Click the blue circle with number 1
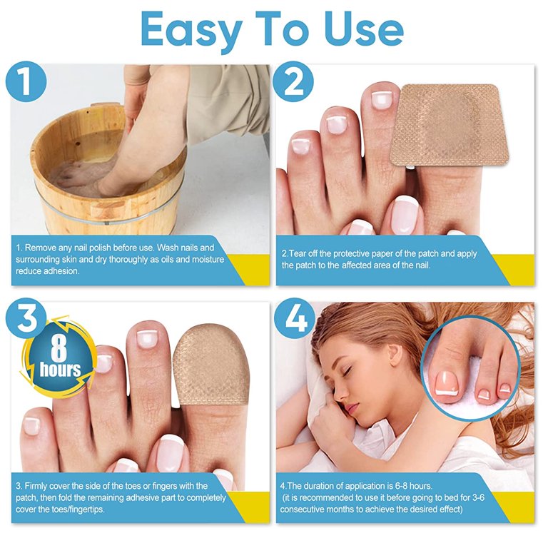[x=26, y=82]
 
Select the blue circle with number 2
[x=293, y=82]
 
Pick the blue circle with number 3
[x=26, y=318]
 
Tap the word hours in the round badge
[x=60, y=370]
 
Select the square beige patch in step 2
[x=450, y=126]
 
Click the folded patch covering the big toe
[x=212, y=366]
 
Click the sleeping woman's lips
[x=350, y=407]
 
